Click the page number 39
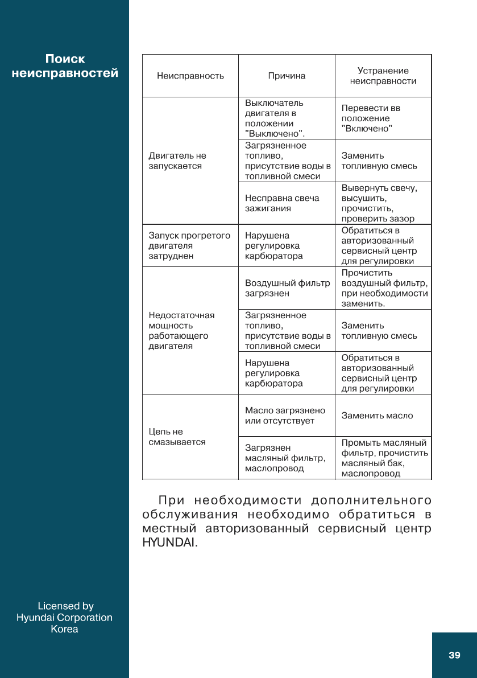pyautogui.click(x=454, y=655)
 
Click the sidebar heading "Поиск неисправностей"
pyautogui.click(x=65, y=66)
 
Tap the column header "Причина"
pyautogui.click(x=287, y=76)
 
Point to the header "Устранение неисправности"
pyautogui.click(x=383, y=76)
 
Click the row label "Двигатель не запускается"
pyautogui.click(x=177, y=161)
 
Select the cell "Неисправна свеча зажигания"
pyautogui.click(x=282, y=203)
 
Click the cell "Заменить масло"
pyautogui.click(x=377, y=416)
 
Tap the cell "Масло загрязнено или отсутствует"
pyautogui.click(x=285, y=416)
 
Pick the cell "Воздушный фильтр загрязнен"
pyautogui.click(x=287, y=288)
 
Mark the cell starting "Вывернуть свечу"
pyautogui.click(x=379, y=203)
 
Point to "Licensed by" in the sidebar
pyautogui.click(x=65, y=606)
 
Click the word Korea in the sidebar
pyautogui.click(x=65, y=629)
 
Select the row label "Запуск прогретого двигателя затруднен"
pyautogui.click(x=189, y=245)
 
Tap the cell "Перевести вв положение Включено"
pyautogui.click(x=371, y=118)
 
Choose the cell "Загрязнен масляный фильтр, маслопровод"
pyautogui.click(x=285, y=458)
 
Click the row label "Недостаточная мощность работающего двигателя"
pyautogui.click(x=181, y=330)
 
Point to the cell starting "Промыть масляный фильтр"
pyautogui.click(x=384, y=458)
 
